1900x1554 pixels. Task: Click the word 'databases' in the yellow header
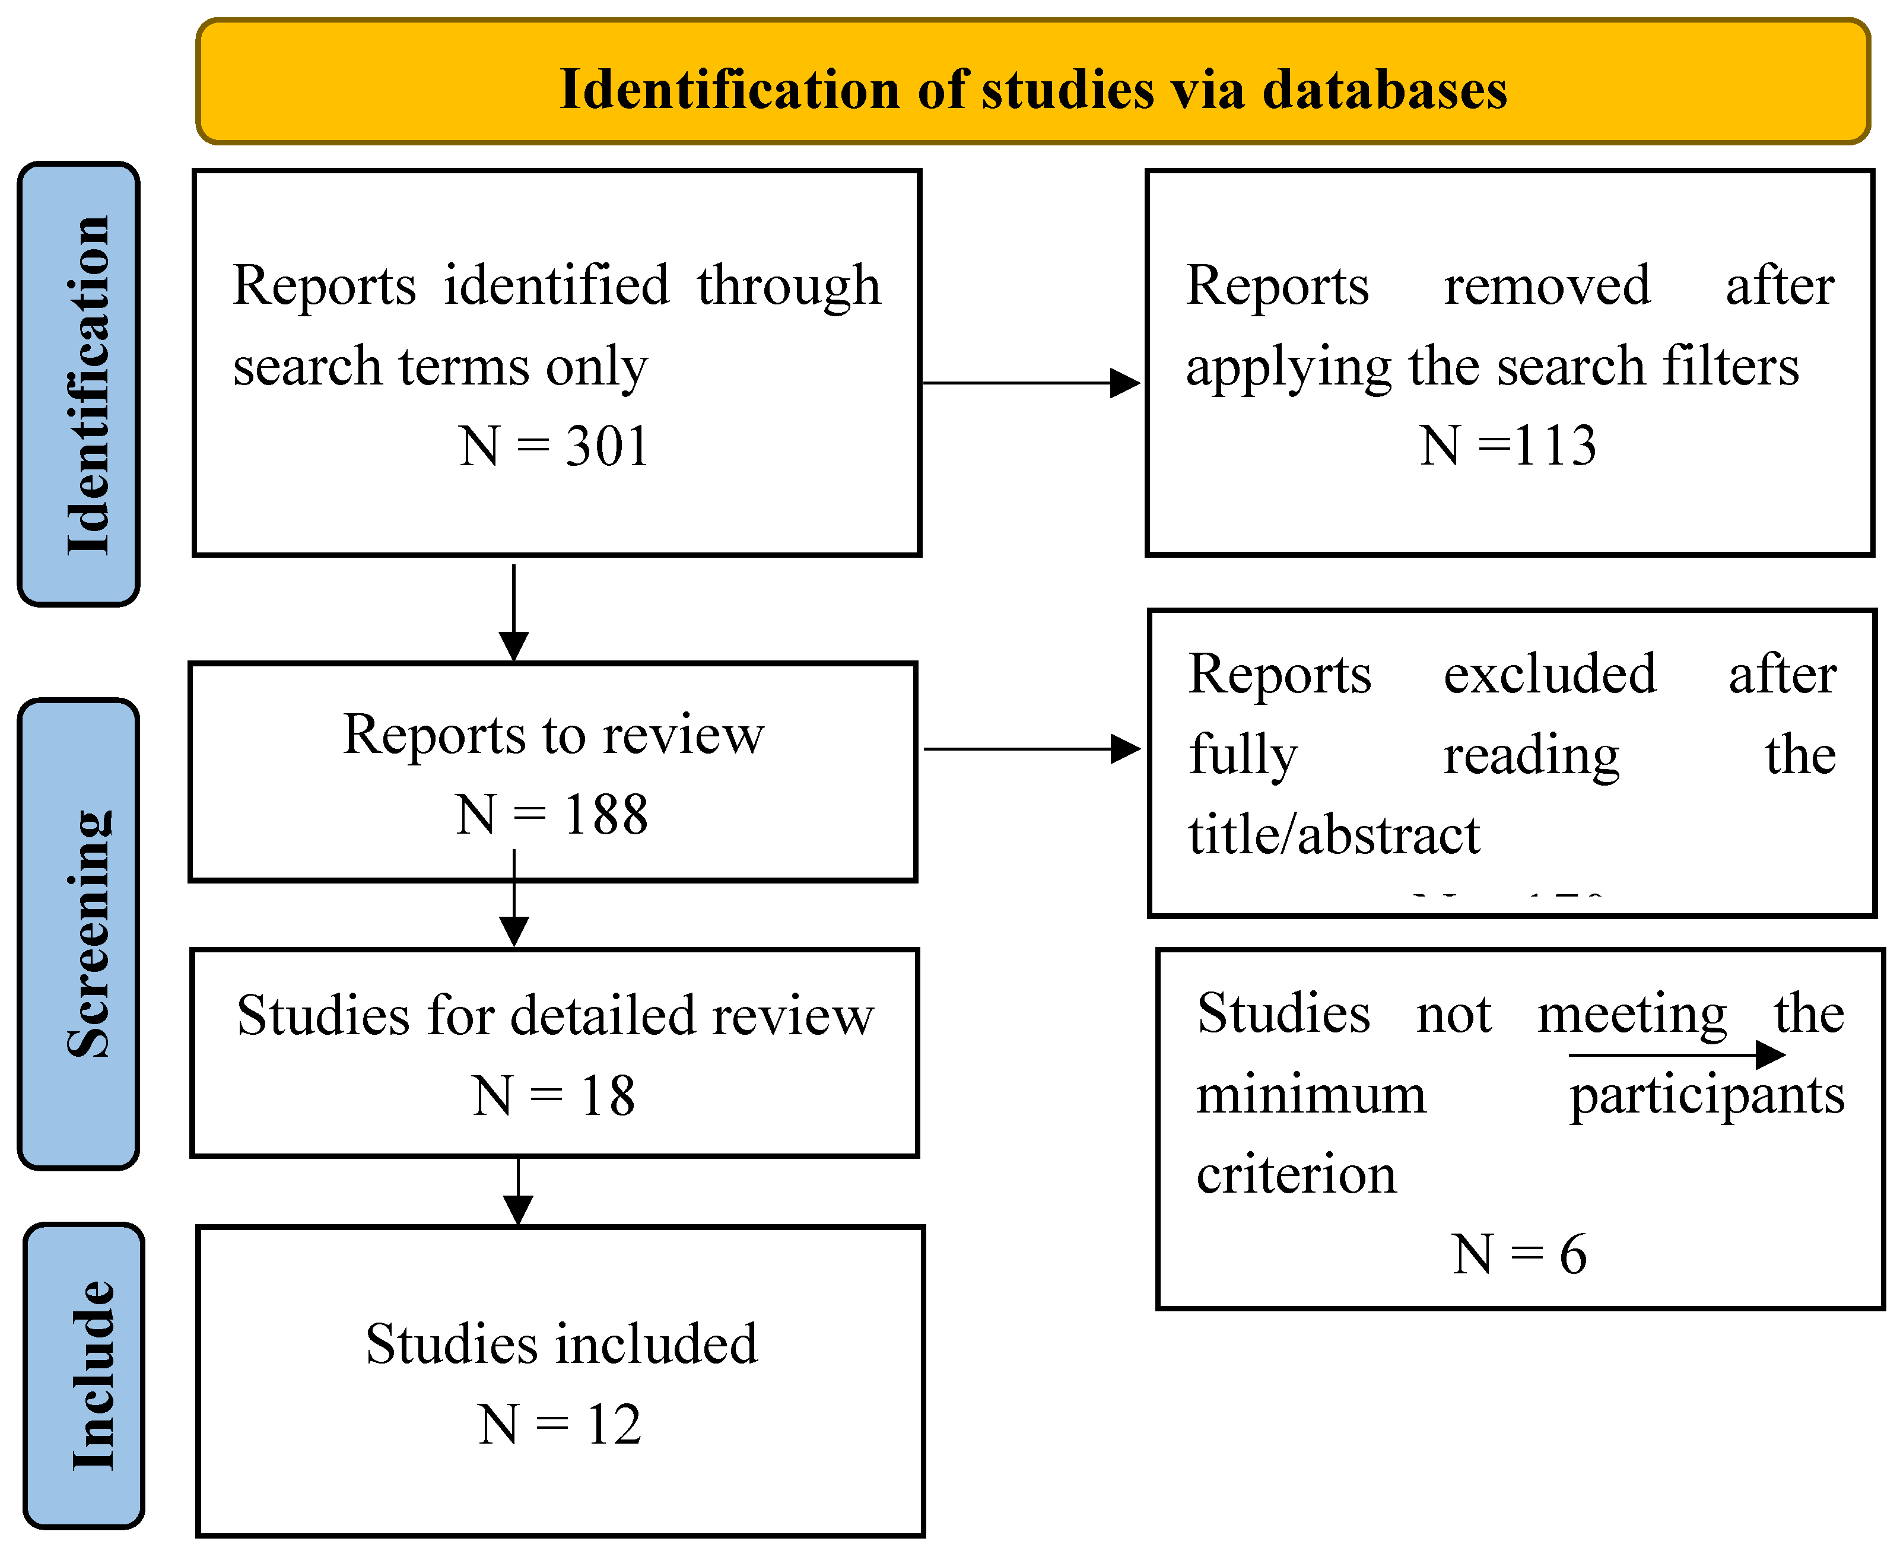(1384, 90)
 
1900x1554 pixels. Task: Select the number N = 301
(553, 446)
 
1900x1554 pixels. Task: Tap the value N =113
(1507, 446)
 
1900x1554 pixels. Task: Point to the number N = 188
(551, 815)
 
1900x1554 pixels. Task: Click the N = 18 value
(553, 1096)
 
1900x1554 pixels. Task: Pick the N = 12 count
(560, 1424)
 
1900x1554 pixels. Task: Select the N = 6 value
(1518, 1254)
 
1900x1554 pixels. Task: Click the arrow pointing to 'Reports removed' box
(1031, 383)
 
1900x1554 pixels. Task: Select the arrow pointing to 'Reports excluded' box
(1031, 748)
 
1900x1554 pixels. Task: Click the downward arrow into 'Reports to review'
(514, 613)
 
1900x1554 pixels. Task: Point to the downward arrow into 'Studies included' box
(518, 1190)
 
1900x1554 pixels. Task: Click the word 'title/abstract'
(1333, 834)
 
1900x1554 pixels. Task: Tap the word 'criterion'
(1296, 1174)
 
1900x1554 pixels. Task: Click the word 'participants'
(1707, 1095)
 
